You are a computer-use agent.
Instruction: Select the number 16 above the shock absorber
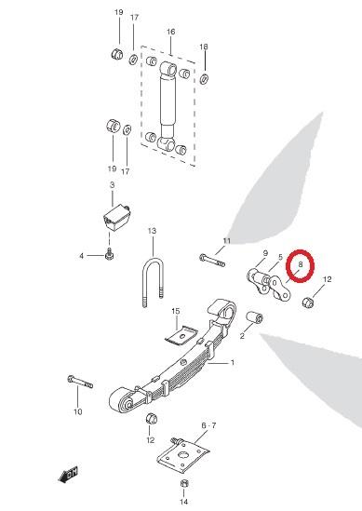click(x=170, y=32)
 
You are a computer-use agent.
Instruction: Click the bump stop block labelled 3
click(x=116, y=218)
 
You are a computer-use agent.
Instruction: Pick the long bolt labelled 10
click(x=80, y=382)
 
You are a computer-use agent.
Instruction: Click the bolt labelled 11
click(x=212, y=260)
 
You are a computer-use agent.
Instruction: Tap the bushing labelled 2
click(x=254, y=317)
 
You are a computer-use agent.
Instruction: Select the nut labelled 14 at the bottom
click(x=184, y=483)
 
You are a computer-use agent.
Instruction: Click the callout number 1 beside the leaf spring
click(x=233, y=362)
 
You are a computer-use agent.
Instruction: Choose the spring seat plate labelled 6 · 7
click(x=182, y=454)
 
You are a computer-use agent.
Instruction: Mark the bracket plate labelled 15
click(x=181, y=336)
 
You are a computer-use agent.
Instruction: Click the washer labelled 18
click(x=204, y=78)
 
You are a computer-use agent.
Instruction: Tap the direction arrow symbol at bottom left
click(x=69, y=475)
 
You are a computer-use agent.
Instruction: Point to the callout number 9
click(x=265, y=253)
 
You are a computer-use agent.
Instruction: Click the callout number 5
click(x=280, y=258)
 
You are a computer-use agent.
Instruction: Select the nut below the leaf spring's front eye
click(x=152, y=419)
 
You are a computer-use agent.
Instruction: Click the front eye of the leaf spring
click(x=121, y=401)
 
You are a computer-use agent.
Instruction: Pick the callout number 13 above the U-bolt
click(x=152, y=231)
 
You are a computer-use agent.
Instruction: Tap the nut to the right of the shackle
click(x=308, y=303)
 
